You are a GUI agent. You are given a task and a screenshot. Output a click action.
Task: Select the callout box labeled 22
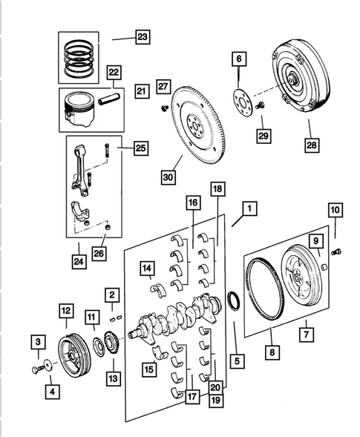pyautogui.click(x=113, y=71)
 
